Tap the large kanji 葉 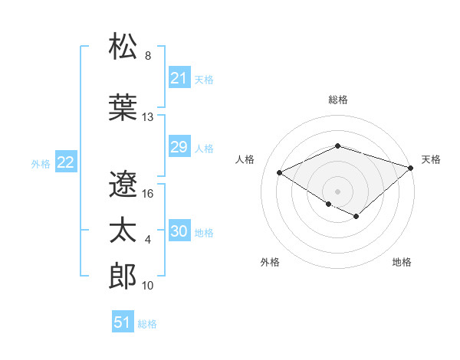123,107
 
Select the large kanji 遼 123,184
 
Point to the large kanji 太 123,231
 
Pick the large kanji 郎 123,276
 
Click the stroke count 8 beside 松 148,56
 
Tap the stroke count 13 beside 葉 148,117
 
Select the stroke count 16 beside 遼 148,194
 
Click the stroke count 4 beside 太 148,240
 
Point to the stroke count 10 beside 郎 148,286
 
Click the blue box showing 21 179,78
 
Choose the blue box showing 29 179,148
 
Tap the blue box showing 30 179,232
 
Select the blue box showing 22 65,162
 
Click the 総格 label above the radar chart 337,100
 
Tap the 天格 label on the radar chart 431,159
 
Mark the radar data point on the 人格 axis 280,173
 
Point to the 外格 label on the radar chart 270,262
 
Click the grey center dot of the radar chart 337,191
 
